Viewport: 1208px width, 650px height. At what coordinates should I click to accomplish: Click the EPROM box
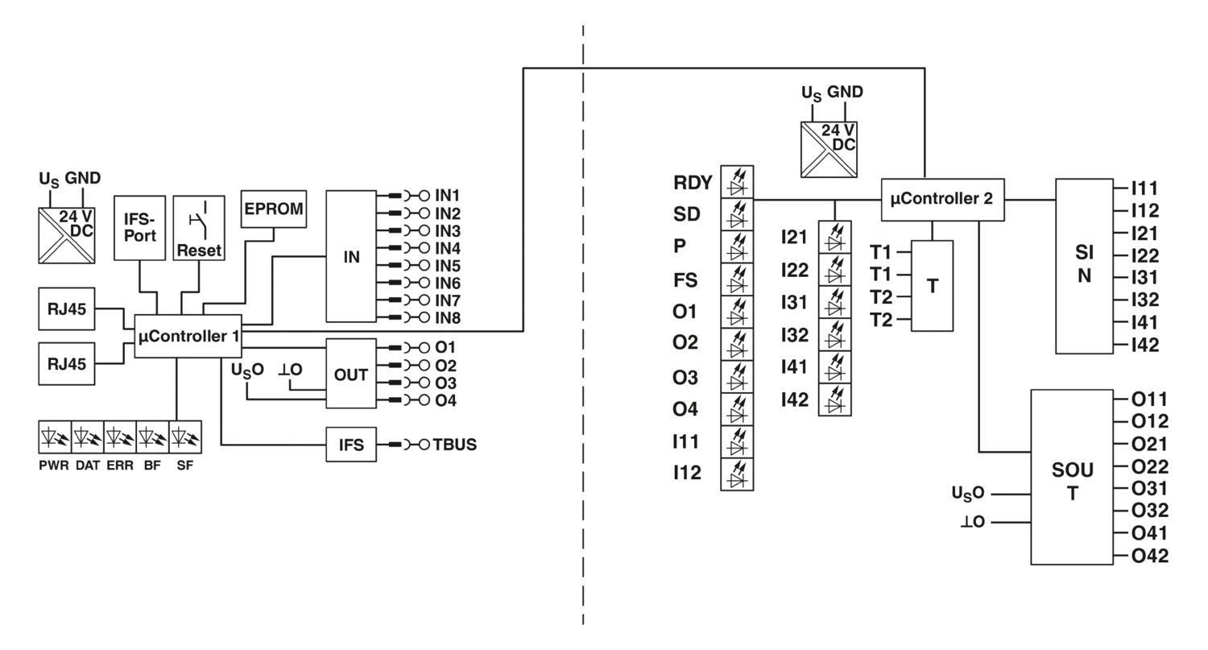274,209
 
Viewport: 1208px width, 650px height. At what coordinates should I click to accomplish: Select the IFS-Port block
139,228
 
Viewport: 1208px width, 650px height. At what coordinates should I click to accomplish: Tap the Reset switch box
199,228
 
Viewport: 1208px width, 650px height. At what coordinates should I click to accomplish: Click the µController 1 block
188,337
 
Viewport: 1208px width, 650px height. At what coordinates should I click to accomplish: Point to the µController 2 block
942,199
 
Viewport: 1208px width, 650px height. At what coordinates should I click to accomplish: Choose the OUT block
350,374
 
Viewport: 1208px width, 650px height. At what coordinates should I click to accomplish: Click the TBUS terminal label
454,445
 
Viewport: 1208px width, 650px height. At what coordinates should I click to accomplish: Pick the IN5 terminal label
448,265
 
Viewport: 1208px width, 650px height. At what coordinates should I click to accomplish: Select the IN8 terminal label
448,318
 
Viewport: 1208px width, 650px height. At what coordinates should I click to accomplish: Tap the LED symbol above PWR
55,437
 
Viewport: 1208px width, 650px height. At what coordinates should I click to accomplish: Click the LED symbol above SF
184,437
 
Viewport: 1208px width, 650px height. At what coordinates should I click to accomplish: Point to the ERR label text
119,466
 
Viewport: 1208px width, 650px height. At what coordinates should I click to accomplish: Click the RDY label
693,183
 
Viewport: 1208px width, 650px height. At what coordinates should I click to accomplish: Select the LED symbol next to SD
737,214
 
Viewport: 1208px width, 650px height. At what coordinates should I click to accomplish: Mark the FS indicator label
685,280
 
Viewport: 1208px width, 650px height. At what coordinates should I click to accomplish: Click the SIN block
1084,265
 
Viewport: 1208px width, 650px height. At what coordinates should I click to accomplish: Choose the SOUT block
1072,477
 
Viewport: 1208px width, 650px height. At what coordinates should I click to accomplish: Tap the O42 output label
1149,556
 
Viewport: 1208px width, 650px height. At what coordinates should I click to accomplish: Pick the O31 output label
1149,488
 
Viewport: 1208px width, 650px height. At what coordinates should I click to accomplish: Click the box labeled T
932,285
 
